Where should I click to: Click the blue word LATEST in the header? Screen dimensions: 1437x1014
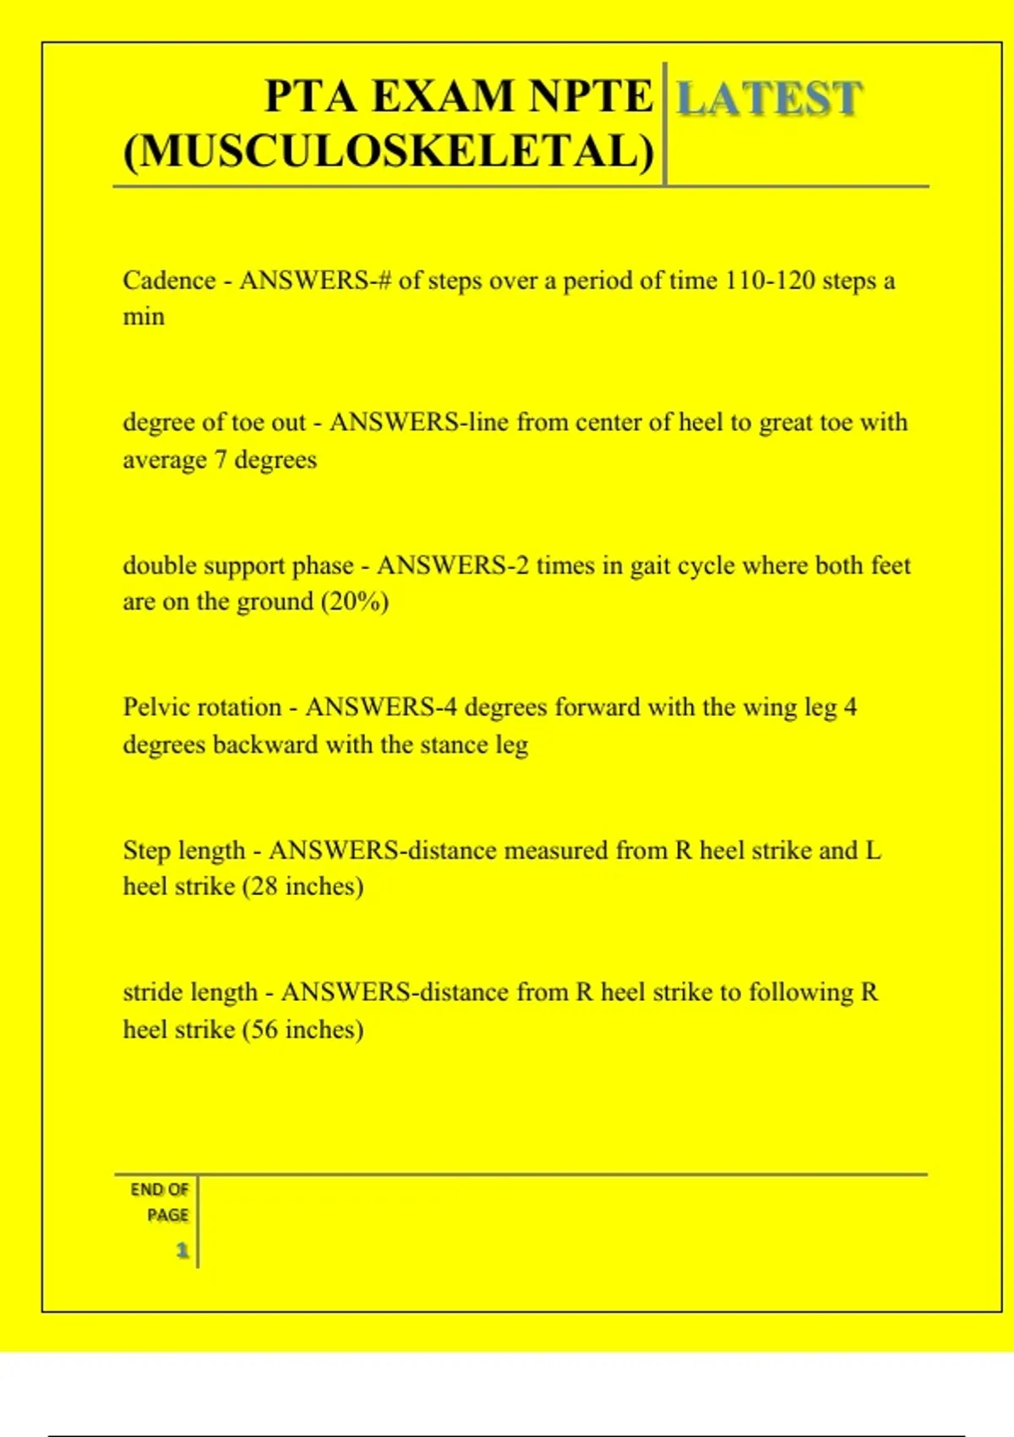(769, 99)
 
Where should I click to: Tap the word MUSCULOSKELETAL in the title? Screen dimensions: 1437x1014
(389, 152)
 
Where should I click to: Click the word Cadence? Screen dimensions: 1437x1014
(169, 280)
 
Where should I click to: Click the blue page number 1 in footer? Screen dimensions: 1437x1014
(182, 1250)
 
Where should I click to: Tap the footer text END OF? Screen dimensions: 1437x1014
(160, 1189)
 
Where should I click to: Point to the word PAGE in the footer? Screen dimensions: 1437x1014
(167, 1215)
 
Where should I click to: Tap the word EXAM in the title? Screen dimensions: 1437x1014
(444, 96)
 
